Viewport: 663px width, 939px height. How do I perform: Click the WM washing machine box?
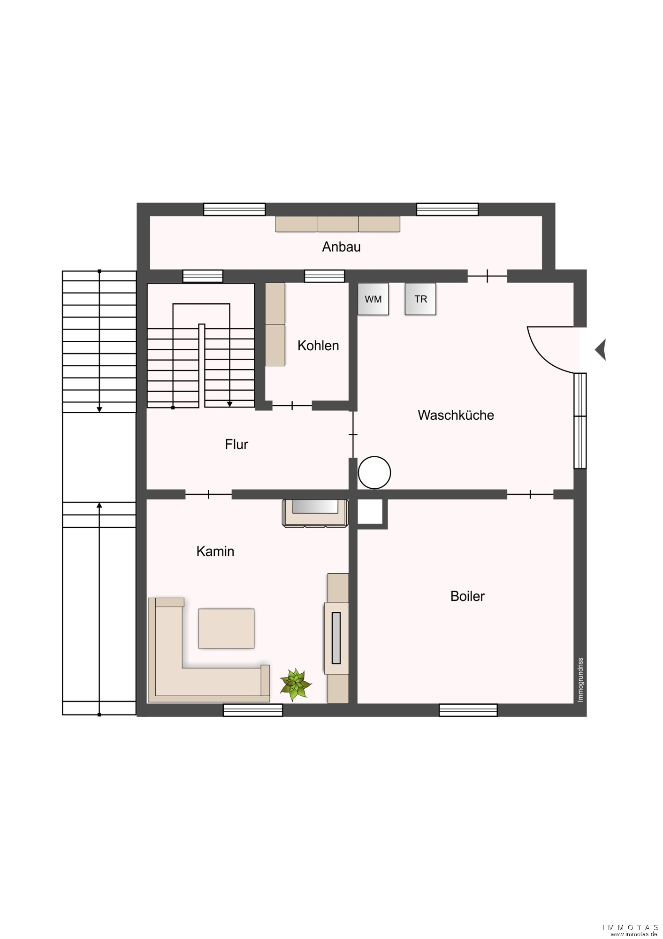pos(373,299)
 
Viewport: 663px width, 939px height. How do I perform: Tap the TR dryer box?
pos(420,299)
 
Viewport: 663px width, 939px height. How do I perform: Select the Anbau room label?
pos(341,247)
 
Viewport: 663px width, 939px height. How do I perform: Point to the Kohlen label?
pos(318,346)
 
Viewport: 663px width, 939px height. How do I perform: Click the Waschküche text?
pos(456,415)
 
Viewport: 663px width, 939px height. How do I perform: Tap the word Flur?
pos(236,444)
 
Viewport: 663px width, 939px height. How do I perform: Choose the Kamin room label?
pos(215,551)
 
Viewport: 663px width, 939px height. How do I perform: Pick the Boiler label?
pos(467,596)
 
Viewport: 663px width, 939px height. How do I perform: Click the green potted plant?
pos(296,684)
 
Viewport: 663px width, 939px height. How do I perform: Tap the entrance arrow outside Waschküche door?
pos(601,350)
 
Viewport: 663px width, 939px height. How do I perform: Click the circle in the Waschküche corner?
pos(374,473)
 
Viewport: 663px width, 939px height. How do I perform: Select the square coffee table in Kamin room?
pos(226,629)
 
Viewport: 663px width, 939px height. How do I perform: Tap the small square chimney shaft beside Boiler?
pos(370,512)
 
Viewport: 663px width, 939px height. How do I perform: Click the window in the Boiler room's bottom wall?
pos(468,710)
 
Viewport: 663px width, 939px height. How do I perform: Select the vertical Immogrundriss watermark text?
pos(580,680)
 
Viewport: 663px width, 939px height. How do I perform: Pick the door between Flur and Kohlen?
pos(292,405)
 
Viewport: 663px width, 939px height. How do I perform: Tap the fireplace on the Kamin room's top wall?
pos(315,513)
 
